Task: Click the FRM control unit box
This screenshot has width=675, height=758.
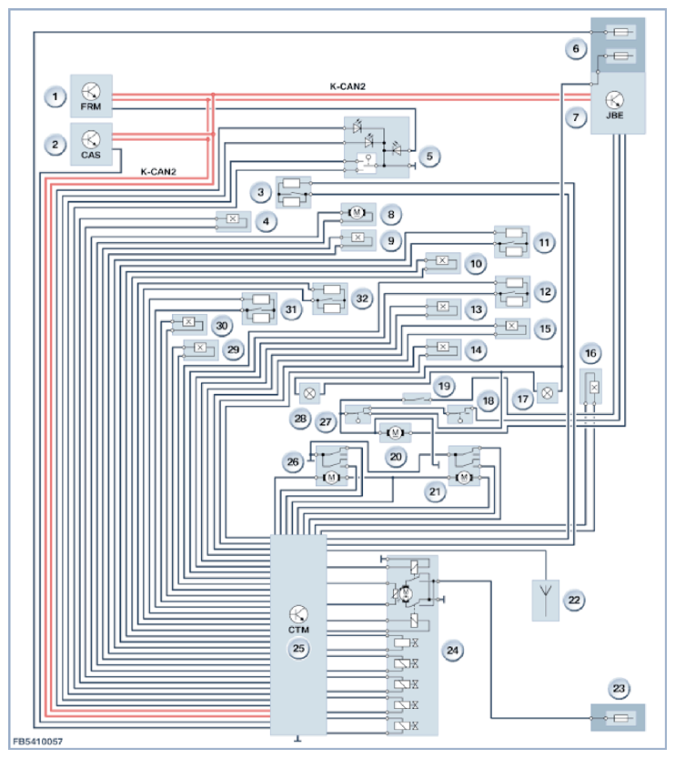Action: (x=91, y=96)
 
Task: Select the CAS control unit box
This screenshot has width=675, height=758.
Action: (x=91, y=144)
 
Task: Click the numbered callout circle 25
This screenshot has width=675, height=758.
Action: (x=297, y=649)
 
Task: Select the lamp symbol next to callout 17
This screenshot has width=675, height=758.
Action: (x=548, y=393)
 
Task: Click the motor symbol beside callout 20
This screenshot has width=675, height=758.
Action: (x=395, y=431)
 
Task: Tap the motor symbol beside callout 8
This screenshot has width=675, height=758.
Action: (x=356, y=213)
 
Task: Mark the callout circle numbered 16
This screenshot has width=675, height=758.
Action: (x=592, y=353)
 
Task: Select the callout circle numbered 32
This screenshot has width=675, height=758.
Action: (x=361, y=298)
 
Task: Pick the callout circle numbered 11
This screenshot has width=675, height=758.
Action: (x=543, y=243)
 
